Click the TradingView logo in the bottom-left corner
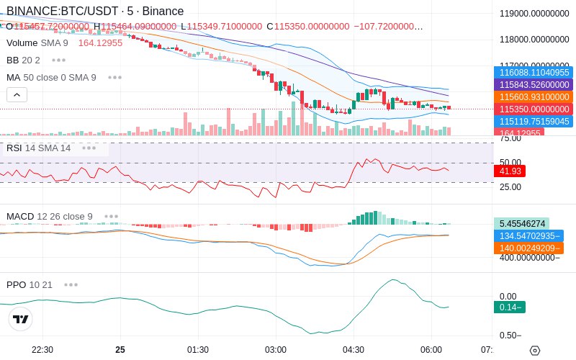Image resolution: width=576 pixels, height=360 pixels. (x=21, y=319)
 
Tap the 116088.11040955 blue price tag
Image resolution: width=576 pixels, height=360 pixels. (x=534, y=73)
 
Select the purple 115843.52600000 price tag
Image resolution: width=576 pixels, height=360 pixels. (x=534, y=85)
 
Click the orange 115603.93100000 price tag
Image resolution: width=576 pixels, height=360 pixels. (x=534, y=97)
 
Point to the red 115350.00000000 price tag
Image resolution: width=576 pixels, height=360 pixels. (x=534, y=109)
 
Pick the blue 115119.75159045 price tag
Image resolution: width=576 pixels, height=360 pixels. (x=534, y=122)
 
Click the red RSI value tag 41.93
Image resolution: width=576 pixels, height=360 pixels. (x=510, y=171)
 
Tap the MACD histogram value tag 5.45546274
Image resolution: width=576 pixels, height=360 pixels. (x=521, y=224)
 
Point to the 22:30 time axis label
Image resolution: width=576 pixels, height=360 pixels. (x=42, y=350)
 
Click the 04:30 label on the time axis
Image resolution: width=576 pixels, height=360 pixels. (x=354, y=350)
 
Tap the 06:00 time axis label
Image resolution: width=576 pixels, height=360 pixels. (x=431, y=350)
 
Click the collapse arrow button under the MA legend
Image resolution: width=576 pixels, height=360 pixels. (x=17, y=94)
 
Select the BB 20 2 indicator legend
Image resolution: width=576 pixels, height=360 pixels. (x=23, y=60)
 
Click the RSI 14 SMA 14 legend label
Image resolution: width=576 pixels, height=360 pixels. (x=39, y=148)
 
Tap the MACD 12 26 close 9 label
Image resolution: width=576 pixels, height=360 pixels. (x=50, y=216)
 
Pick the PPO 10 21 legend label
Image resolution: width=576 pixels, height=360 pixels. (x=30, y=284)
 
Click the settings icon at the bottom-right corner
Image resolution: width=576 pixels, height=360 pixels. (x=534, y=351)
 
